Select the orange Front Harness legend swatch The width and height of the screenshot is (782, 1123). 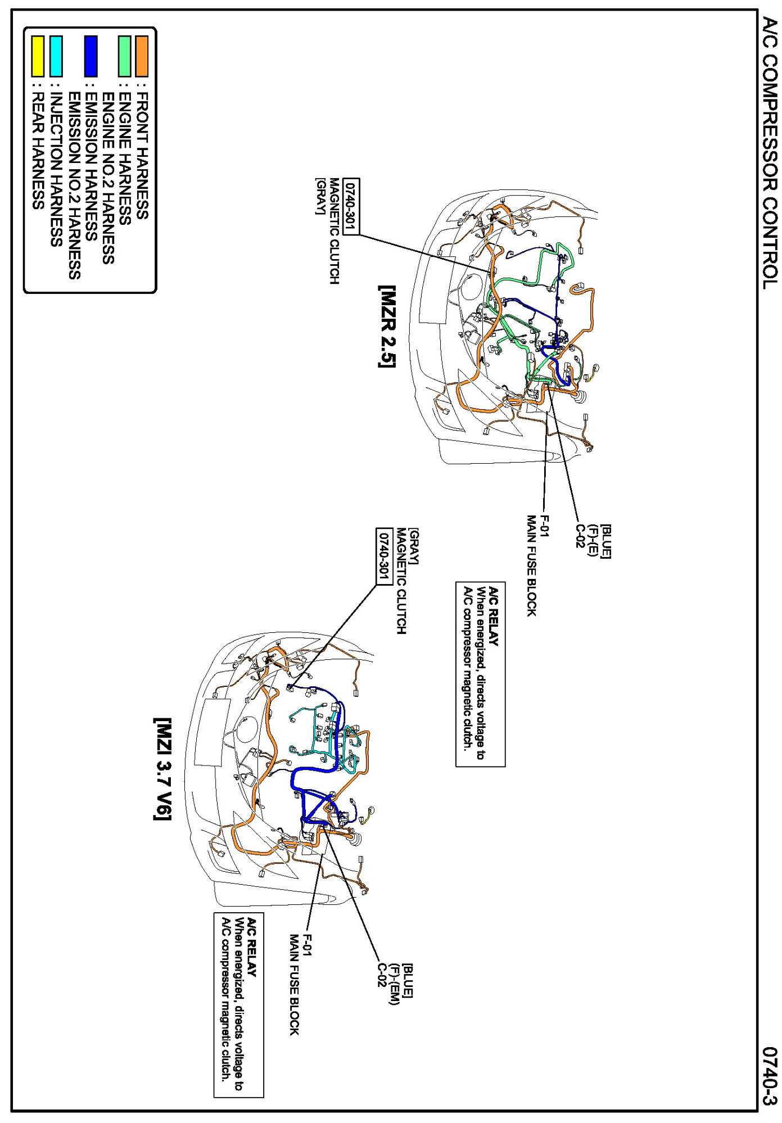point(142,56)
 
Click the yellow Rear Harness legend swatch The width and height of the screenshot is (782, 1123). point(38,56)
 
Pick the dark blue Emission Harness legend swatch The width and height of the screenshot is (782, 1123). point(91,56)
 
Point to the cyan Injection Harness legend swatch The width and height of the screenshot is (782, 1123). point(56,56)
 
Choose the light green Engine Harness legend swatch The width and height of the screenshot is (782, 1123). point(124,56)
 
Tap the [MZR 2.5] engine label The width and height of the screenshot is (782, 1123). point(387,327)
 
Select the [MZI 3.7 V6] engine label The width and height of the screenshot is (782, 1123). point(162,768)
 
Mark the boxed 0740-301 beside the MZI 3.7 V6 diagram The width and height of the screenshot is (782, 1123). point(384,556)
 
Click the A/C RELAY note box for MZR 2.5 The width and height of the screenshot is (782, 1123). point(480,674)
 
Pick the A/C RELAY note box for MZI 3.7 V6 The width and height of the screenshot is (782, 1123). point(238,1005)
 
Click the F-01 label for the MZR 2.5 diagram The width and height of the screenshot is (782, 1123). point(544,526)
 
